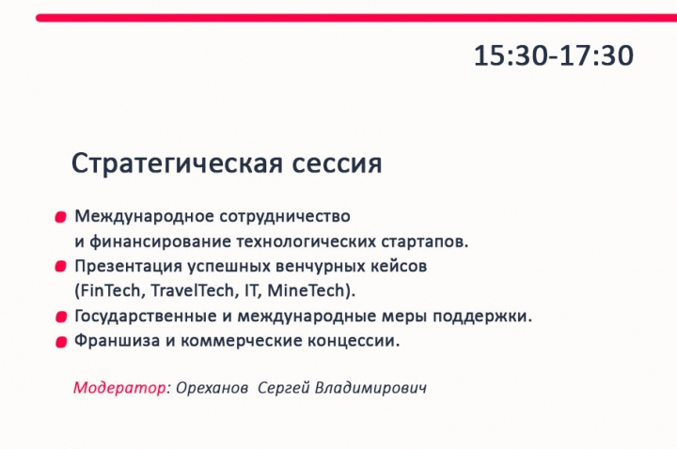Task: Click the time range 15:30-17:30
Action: click(554, 55)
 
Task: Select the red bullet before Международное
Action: click(60, 217)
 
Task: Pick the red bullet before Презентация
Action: click(60, 267)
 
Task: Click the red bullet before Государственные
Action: click(61, 317)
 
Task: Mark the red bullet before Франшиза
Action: click(61, 342)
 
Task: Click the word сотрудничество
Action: click(285, 217)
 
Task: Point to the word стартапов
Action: click(424, 241)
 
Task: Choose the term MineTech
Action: click(307, 290)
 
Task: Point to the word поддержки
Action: click(482, 317)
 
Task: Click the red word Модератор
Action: click(119, 387)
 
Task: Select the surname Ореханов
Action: click(212, 388)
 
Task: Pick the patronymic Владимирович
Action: click(370, 387)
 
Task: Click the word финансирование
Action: click(160, 241)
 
